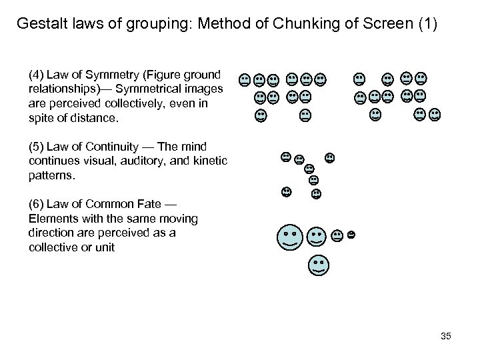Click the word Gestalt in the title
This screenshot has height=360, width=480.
coord(41,25)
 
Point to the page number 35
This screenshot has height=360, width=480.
coord(445,336)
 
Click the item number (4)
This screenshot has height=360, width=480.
coord(37,72)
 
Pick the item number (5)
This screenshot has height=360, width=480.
coord(37,146)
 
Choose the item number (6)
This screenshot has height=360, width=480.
coord(37,203)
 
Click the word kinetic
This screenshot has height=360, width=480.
coord(212,160)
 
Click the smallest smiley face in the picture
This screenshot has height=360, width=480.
coord(351,235)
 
